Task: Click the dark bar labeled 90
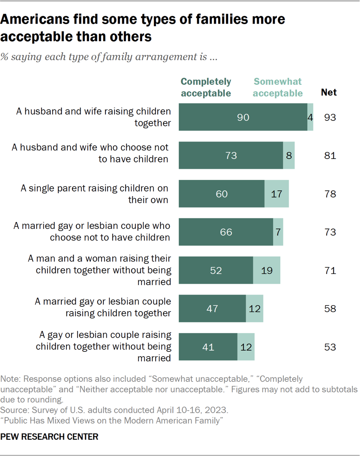point(243,117)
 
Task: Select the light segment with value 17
point(276,194)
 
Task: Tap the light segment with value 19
point(266,270)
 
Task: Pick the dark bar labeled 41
point(208,347)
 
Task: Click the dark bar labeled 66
point(226,232)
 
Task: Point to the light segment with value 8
point(288,155)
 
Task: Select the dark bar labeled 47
point(212,309)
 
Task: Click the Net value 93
point(330,117)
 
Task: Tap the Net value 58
point(330,309)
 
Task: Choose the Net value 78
point(330,194)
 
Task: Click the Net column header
point(329,92)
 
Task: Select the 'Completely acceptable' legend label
point(206,87)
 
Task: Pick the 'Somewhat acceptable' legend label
point(278,87)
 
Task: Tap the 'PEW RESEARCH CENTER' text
point(50,436)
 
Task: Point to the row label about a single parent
point(94,194)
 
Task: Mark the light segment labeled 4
point(310,117)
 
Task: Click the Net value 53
point(330,347)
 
